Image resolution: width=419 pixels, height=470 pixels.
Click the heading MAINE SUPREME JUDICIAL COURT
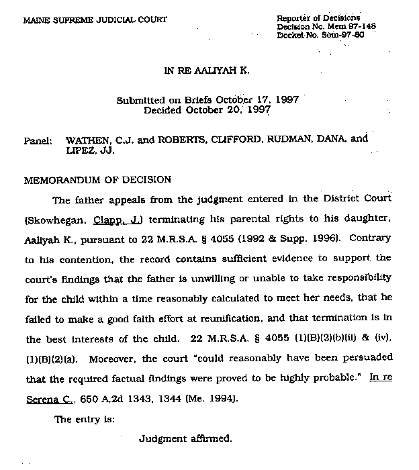coord(95,20)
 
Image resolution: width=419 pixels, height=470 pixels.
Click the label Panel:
coord(38,142)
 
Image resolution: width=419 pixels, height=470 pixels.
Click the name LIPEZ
coord(80,152)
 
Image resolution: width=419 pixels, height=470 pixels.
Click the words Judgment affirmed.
coord(185,439)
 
